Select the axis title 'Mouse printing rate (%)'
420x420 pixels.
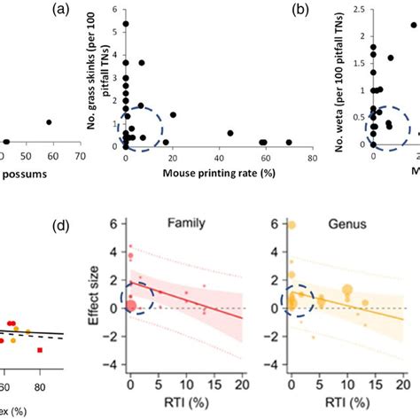(x=213, y=173)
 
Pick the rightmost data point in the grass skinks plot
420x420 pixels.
(x=288, y=142)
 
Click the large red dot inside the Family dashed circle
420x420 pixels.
(x=130, y=307)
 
